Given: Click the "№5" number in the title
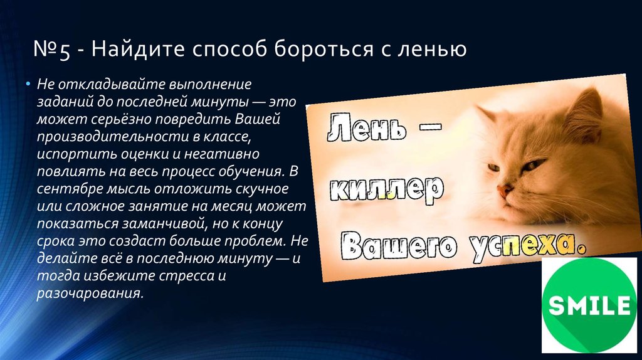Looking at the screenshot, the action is [51, 49].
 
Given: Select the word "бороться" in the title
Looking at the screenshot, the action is [324, 49].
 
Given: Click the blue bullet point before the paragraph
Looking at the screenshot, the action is [28, 85].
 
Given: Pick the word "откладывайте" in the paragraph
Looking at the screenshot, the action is [112, 85].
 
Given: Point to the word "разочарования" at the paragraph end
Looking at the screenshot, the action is [90, 294].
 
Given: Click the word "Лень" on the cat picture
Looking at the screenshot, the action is [366, 127].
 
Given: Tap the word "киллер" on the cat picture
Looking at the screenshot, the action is [386, 189].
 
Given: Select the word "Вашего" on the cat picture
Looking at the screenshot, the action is [398, 245].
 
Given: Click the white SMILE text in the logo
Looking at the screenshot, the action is [589, 305].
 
